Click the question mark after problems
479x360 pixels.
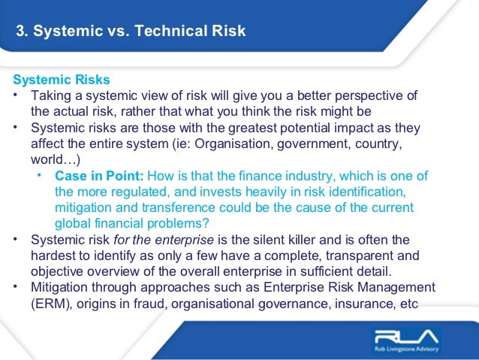coord(207,223)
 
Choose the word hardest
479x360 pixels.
coord(56,256)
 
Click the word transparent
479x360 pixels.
coord(360,256)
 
